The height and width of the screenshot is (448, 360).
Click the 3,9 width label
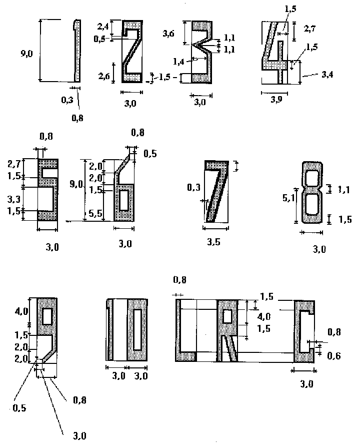point(275,100)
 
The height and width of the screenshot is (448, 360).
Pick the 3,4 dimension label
point(327,74)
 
